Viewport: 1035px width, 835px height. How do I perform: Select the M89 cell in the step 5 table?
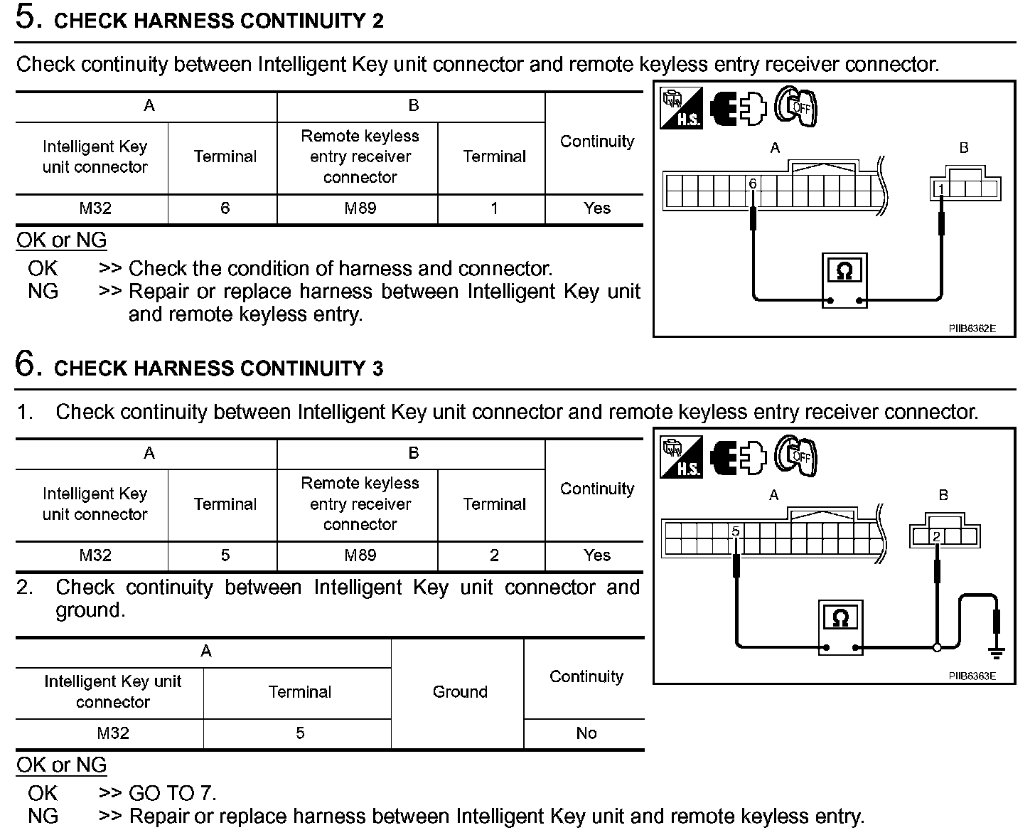tap(360, 208)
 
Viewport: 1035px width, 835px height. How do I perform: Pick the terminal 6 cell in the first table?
tap(225, 208)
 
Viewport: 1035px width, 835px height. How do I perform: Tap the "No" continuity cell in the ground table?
tap(586, 733)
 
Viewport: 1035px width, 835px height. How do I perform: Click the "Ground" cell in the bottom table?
tap(460, 692)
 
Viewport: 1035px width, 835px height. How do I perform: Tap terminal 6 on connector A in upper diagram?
tap(753, 184)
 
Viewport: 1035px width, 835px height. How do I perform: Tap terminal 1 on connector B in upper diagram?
tap(941, 188)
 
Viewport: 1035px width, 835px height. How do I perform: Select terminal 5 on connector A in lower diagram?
tap(736, 531)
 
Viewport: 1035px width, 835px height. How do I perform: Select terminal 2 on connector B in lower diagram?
tap(936, 537)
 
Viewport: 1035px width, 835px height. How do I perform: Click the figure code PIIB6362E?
tap(972, 329)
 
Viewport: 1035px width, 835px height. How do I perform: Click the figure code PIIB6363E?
tap(972, 676)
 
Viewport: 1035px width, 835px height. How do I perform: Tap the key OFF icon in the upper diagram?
tap(795, 108)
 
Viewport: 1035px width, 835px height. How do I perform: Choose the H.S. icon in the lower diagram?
tap(681, 457)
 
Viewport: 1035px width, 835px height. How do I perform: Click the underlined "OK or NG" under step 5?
tap(62, 240)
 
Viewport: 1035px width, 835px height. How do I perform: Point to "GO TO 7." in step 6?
tap(172, 793)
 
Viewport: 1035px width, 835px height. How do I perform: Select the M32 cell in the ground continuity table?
tap(112, 733)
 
